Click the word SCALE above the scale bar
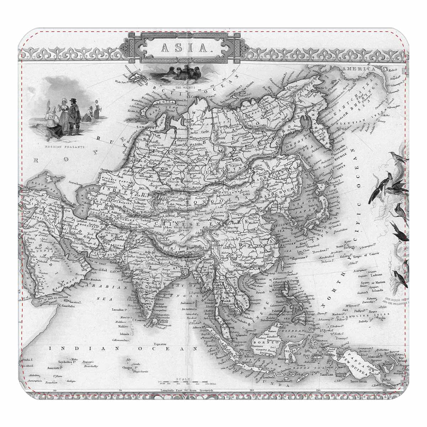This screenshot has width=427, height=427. pyautogui.click(x=185, y=379)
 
